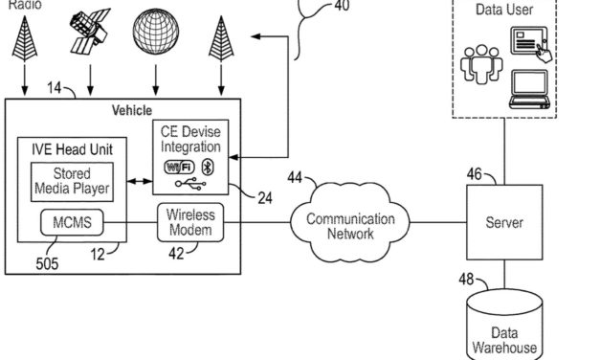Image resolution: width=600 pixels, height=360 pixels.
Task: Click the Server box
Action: tap(503, 222)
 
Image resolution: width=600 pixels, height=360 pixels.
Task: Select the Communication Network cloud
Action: tap(350, 225)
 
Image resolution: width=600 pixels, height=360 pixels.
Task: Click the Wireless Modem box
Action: tap(190, 222)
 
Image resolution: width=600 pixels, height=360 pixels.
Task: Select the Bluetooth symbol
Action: tap(213, 167)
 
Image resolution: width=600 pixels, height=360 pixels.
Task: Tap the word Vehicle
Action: tap(132, 111)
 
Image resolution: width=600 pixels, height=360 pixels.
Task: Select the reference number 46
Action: tap(476, 174)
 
